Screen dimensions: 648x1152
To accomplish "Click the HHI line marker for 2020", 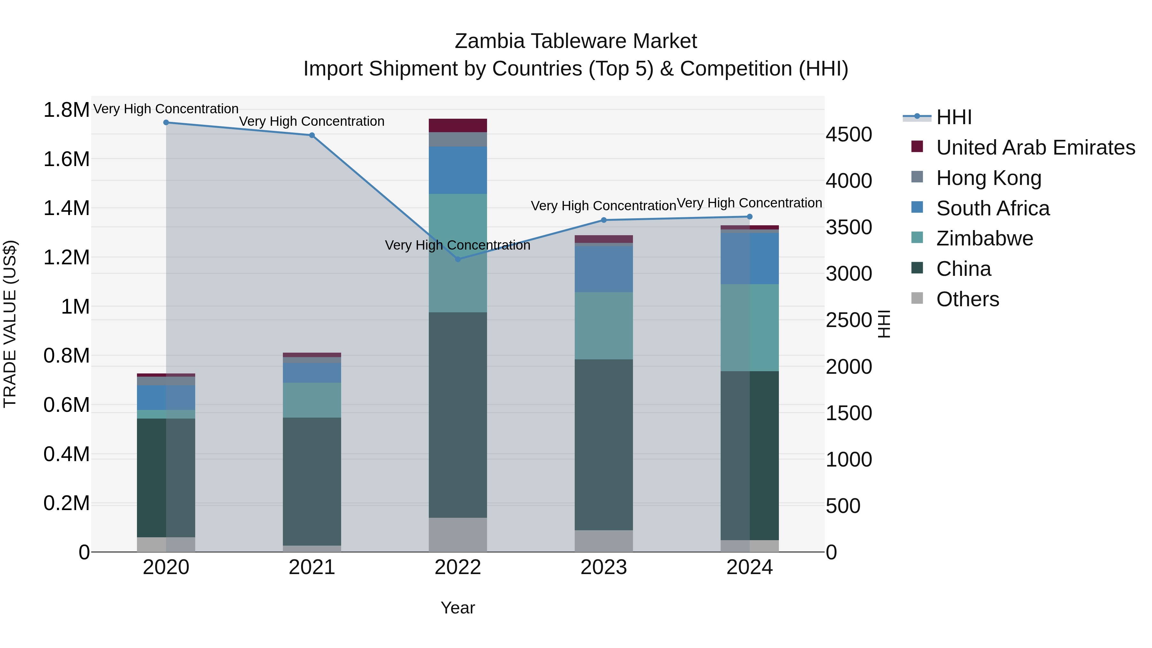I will tap(166, 122).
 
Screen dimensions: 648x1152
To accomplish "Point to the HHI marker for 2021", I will tap(312, 135).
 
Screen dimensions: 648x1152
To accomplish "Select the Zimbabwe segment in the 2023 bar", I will tap(604, 325).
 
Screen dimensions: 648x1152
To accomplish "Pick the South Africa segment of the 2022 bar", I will tap(458, 170).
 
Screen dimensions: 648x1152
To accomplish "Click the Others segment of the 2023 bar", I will tap(604, 541).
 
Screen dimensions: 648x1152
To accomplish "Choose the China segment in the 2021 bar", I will tap(312, 481).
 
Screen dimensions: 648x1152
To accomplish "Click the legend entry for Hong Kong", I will tap(988, 178).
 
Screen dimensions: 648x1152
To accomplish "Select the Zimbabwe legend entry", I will tap(984, 238).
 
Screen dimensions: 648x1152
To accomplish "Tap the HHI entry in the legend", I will tap(954, 117).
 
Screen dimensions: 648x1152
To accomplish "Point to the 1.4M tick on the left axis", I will tap(66, 208).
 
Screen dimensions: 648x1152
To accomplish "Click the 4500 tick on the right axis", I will tap(848, 135).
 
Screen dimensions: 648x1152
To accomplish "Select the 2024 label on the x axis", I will tap(749, 567).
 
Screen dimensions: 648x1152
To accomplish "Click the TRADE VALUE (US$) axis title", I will tap(10, 324).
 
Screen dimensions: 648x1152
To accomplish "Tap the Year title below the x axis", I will tap(458, 608).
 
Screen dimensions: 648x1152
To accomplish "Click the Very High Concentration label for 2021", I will tap(312, 121).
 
